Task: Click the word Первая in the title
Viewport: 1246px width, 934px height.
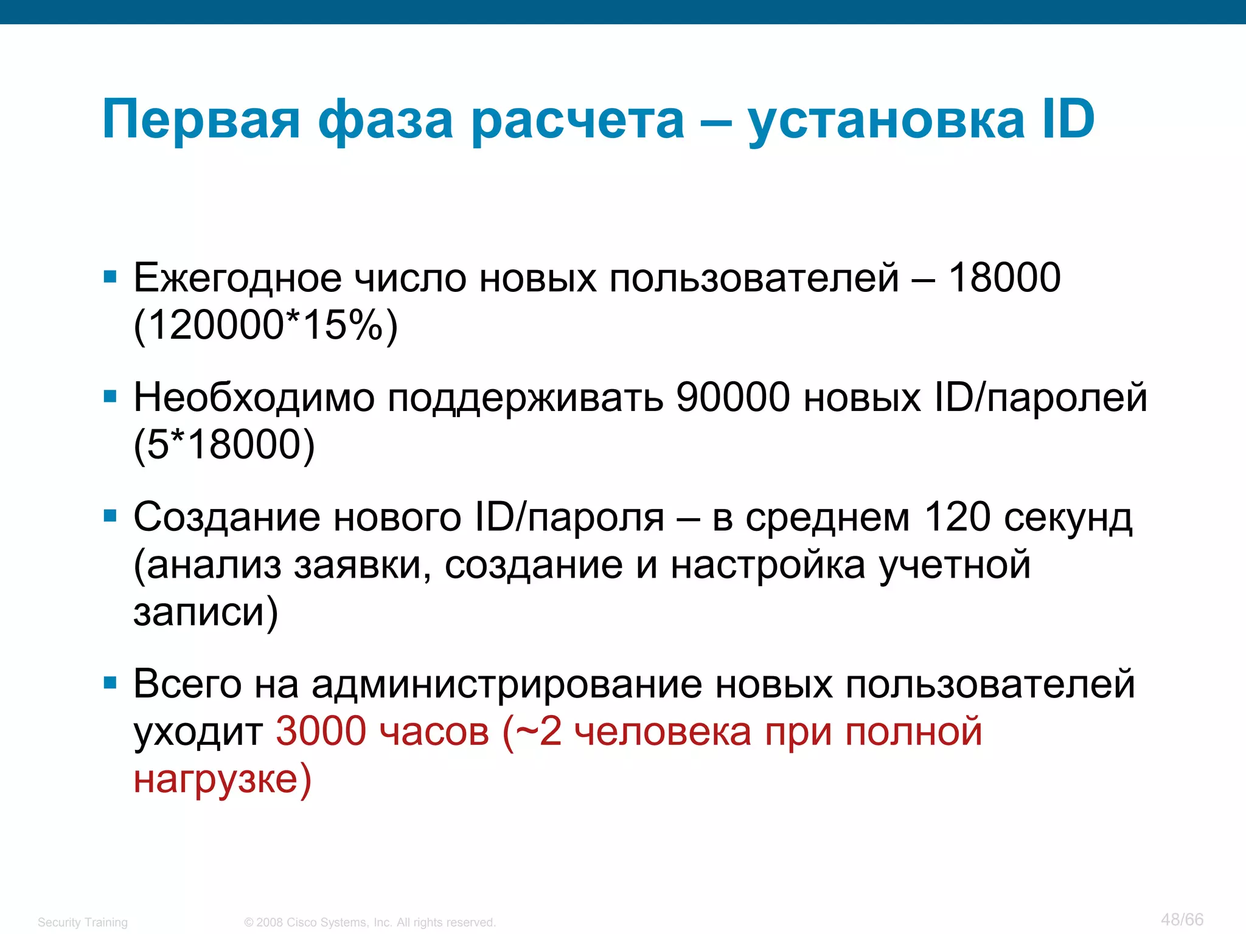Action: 201,120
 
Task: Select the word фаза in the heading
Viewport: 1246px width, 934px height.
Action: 385,120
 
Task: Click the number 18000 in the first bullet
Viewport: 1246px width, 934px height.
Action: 1004,278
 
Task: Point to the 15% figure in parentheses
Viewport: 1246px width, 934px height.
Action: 341,325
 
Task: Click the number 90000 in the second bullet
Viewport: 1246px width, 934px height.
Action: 733,398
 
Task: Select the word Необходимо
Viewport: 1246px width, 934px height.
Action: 254,398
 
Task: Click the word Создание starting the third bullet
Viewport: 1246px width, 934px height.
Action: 226,517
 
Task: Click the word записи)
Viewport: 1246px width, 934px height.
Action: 206,612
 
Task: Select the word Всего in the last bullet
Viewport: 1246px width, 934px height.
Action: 187,684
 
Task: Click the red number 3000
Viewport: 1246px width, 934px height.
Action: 321,731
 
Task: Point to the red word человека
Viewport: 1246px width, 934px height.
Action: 663,731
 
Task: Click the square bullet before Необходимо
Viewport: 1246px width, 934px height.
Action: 110,397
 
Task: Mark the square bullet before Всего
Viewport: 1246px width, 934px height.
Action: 110,683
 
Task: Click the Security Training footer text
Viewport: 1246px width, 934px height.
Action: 83,922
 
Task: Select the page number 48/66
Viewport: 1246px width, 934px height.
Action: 1182,919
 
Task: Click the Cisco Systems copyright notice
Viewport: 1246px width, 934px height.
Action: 370,922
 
